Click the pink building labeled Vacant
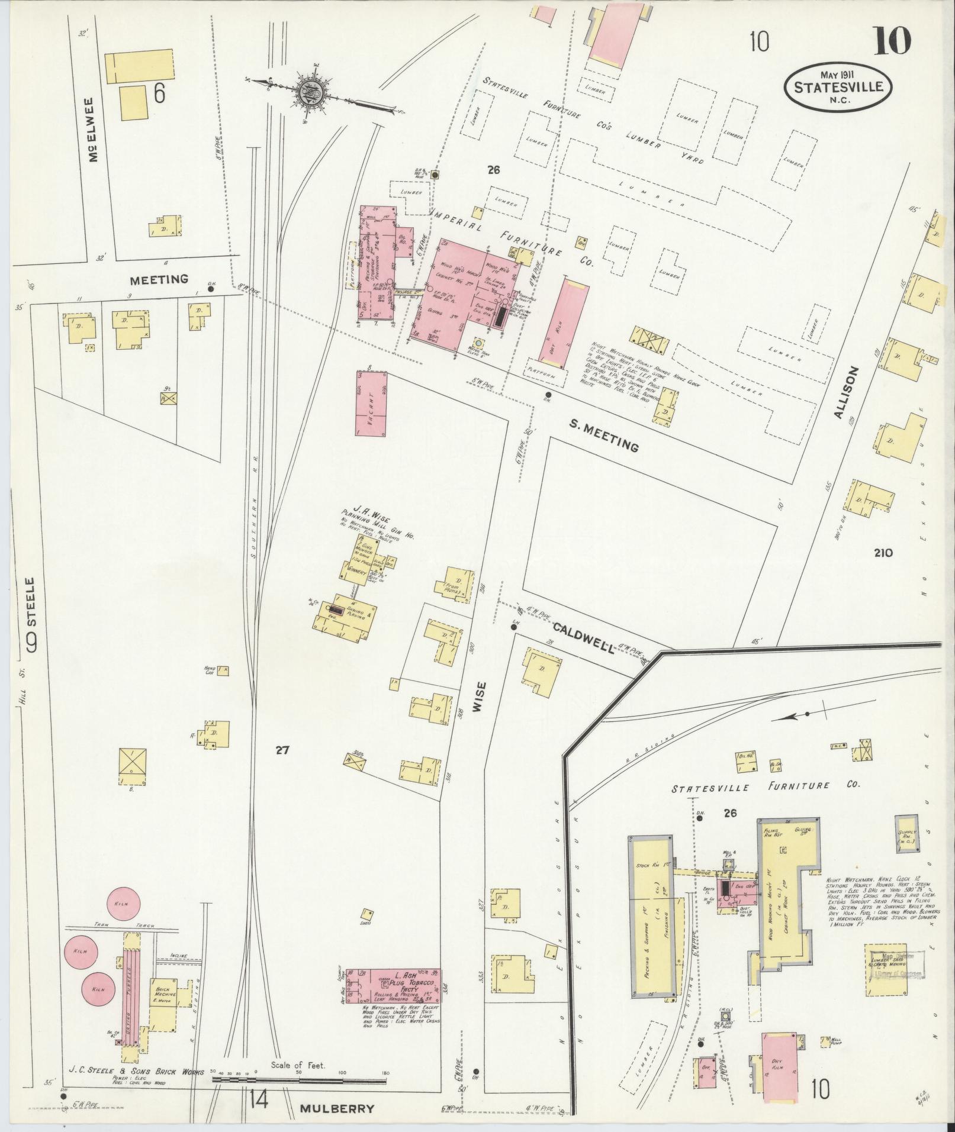[371, 404]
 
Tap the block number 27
[282, 750]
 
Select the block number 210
[882, 553]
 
